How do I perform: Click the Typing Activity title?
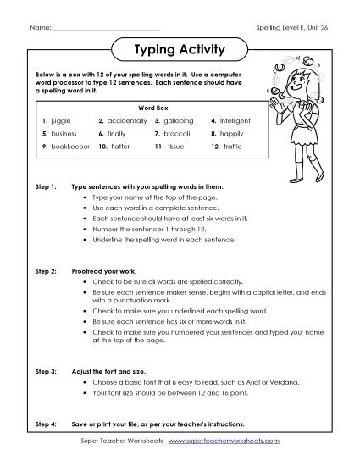[179, 50]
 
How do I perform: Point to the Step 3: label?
[46, 371]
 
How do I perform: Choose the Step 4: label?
[46, 422]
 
